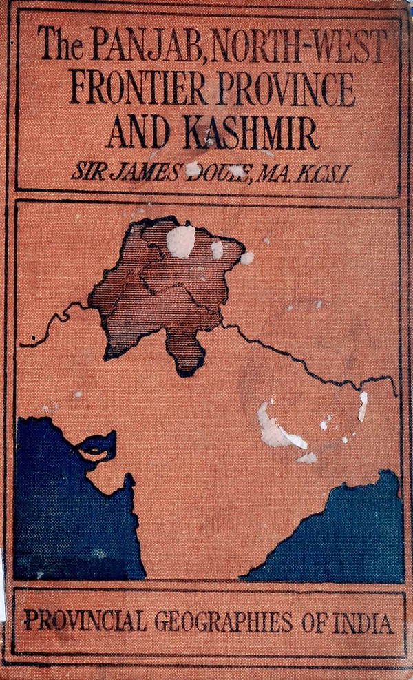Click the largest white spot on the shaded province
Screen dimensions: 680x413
click(180, 240)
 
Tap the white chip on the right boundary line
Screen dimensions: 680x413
click(362, 406)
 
